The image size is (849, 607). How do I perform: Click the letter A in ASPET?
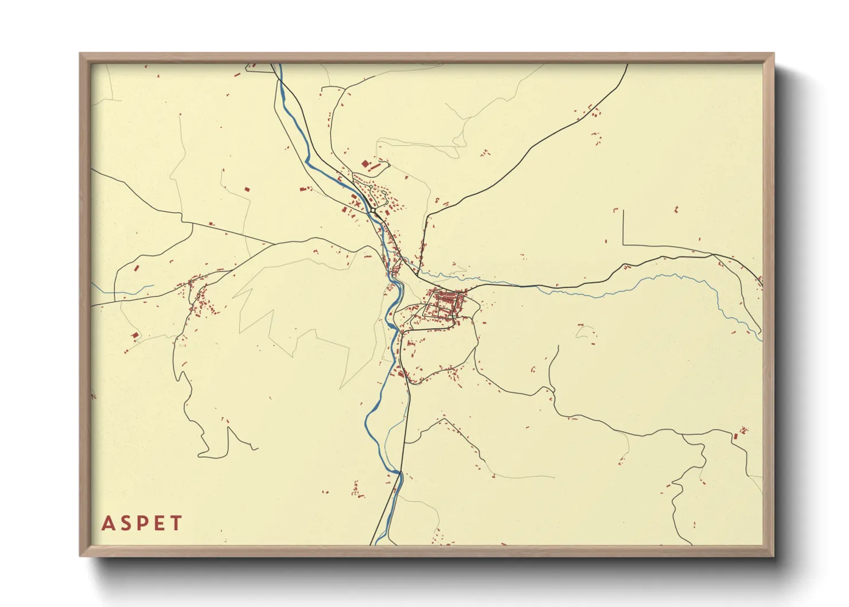coord(107,523)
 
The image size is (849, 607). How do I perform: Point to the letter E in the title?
coord(159,523)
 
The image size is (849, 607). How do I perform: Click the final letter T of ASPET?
coord(176,523)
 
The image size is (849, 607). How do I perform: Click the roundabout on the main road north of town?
coord(373,211)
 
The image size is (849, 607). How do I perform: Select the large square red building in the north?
coord(365,164)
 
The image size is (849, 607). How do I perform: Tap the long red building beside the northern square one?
coord(375,168)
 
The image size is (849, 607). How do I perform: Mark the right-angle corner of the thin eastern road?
coord(623,245)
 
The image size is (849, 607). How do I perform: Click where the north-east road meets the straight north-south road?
coord(427,216)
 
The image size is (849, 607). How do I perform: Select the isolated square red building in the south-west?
coord(135,335)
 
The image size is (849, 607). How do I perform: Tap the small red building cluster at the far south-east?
coord(742,431)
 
